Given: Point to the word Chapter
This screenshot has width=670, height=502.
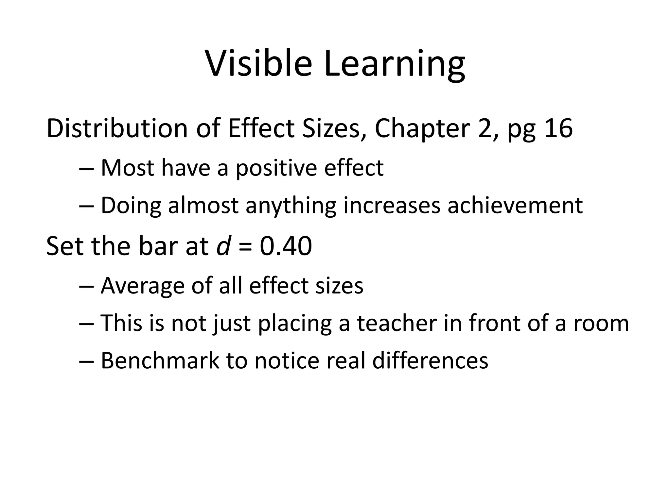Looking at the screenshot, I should tap(422, 129).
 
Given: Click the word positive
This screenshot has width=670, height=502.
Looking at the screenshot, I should tap(276, 169).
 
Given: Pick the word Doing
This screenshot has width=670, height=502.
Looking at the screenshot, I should tap(131, 206).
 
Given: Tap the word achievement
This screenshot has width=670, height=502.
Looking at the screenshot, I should tap(515, 206).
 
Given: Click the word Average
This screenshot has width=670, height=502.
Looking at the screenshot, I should tap(143, 286).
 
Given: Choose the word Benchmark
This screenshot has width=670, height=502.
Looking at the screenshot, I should tap(160, 361).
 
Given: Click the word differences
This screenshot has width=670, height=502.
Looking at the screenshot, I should tap(430, 361).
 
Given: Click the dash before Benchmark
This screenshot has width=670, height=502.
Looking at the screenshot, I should tap(87, 361).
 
